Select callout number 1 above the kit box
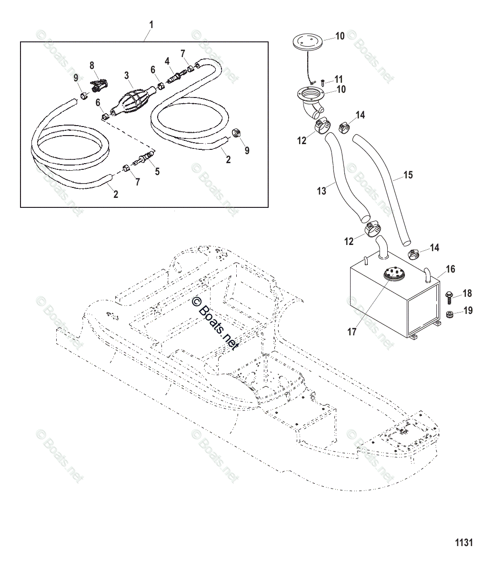point(151,24)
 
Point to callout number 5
point(157,171)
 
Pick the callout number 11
point(339,79)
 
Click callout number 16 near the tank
point(450,269)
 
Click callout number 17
point(352,332)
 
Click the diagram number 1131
point(463,542)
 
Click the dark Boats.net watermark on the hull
point(214,323)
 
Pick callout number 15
point(408,175)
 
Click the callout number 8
point(92,65)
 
